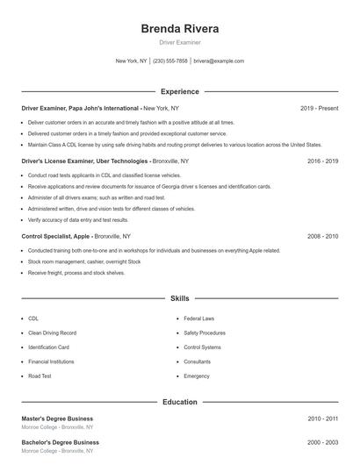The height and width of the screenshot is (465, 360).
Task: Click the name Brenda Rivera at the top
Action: point(179,28)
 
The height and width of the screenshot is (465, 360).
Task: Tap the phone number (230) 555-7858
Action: point(170,61)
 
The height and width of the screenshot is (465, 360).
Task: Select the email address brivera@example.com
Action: point(219,61)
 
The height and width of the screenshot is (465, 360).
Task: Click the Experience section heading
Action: point(179,91)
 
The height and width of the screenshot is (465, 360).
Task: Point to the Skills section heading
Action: point(179,298)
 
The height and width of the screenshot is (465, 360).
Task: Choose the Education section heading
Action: point(179,402)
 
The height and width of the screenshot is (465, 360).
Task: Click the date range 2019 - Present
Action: point(319,108)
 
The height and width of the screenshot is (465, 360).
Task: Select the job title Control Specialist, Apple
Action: point(55,236)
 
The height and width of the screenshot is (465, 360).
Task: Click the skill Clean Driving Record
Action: point(52,333)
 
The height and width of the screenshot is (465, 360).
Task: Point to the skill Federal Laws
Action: point(199,318)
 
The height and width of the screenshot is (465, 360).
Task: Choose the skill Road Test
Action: point(40,376)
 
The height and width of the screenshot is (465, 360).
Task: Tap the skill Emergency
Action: point(197,376)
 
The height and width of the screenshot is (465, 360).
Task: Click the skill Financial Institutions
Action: point(51,361)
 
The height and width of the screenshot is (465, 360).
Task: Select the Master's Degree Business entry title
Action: point(57,418)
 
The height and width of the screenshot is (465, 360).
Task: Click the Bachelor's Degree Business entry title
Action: point(60,442)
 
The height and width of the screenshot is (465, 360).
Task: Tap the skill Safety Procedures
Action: point(205,333)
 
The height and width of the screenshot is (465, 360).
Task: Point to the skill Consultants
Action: point(198,361)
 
